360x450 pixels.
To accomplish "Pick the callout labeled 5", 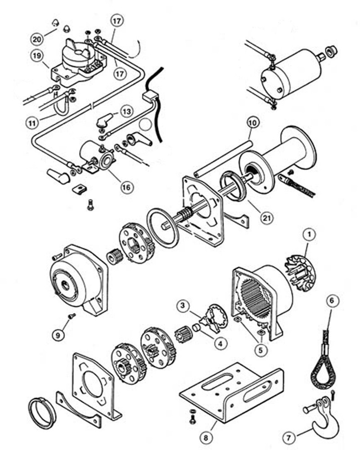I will point(260,349).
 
